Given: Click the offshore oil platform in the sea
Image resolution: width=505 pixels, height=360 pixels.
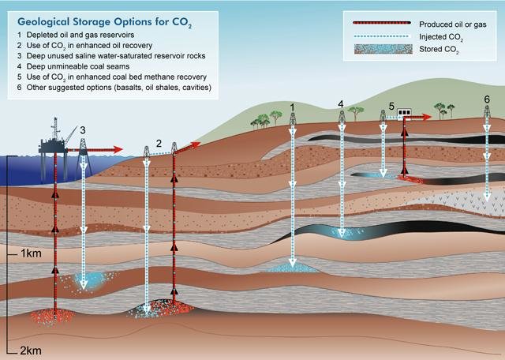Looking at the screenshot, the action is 54,142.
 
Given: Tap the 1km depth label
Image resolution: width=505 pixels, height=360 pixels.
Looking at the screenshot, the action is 32,253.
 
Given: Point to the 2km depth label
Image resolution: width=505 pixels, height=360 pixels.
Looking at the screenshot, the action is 31,351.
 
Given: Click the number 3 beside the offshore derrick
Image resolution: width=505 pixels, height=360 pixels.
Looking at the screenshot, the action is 83,130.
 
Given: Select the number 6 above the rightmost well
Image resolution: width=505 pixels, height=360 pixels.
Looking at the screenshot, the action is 487,99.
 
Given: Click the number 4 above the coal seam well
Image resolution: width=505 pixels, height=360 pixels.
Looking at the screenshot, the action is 341,104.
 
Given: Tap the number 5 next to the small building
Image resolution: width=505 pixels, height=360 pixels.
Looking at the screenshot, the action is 391,106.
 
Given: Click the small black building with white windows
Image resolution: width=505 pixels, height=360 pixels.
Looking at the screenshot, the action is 404,112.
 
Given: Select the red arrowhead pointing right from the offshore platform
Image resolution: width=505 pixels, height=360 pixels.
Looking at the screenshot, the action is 118,149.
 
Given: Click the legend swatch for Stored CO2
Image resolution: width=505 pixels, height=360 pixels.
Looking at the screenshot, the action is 383,49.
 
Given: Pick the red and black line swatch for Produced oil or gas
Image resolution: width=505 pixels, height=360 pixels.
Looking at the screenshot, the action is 382,23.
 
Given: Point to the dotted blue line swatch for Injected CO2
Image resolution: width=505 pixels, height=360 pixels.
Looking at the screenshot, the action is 381,36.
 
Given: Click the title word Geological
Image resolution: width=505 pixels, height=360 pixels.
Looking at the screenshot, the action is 43,22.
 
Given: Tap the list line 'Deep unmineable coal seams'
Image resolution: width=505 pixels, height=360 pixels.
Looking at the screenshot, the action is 78,66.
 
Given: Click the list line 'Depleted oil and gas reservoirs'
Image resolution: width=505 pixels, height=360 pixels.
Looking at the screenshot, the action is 80,35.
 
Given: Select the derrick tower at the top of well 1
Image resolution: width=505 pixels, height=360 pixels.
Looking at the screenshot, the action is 293,118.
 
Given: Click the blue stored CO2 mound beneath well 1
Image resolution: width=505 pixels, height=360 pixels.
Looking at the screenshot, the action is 292,268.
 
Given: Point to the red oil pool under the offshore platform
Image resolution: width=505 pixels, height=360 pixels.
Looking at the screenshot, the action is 54,316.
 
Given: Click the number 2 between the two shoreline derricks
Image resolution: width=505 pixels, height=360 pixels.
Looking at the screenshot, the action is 159,144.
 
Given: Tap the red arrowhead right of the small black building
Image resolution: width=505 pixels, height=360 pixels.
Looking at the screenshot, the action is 427,117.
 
